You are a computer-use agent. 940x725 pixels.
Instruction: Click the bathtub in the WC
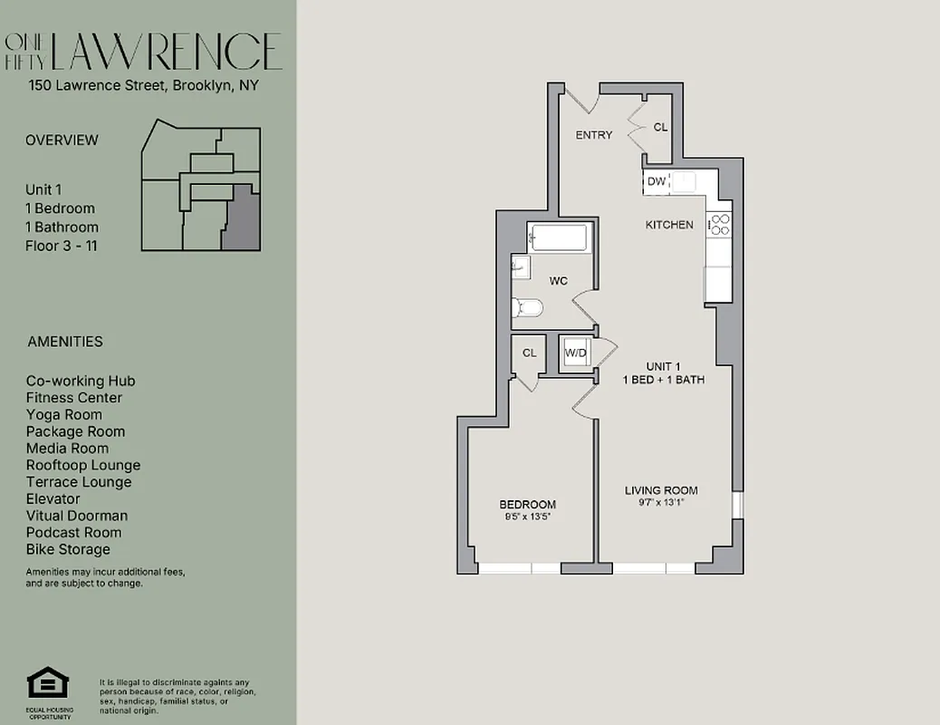click(560, 238)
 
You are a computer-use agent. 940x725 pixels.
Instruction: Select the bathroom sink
click(520, 266)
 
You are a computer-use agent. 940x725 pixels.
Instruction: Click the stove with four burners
click(719, 224)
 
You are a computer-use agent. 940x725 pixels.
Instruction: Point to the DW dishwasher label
click(657, 182)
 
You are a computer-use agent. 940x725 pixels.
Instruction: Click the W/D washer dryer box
click(575, 353)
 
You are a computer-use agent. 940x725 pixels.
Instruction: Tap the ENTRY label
click(594, 135)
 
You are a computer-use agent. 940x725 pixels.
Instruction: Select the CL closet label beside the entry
click(660, 128)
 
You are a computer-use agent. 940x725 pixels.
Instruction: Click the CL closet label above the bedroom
click(529, 353)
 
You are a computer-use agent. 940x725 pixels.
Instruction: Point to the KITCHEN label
click(669, 225)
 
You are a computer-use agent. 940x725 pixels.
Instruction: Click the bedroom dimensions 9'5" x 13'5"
click(527, 516)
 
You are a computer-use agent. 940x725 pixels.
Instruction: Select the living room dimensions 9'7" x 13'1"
click(661, 502)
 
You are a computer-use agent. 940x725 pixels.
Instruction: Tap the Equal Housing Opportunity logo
click(43, 683)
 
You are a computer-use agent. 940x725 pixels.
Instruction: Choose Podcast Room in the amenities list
click(73, 533)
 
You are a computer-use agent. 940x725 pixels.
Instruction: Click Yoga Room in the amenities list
click(64, 414)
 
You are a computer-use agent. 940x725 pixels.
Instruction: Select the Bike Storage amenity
click(68, 549)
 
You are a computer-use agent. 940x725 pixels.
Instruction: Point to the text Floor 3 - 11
click(62, 246)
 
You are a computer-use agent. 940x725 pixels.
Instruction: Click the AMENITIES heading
click(65, 342)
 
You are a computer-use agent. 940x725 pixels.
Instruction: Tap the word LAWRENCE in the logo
click(167, 52)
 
